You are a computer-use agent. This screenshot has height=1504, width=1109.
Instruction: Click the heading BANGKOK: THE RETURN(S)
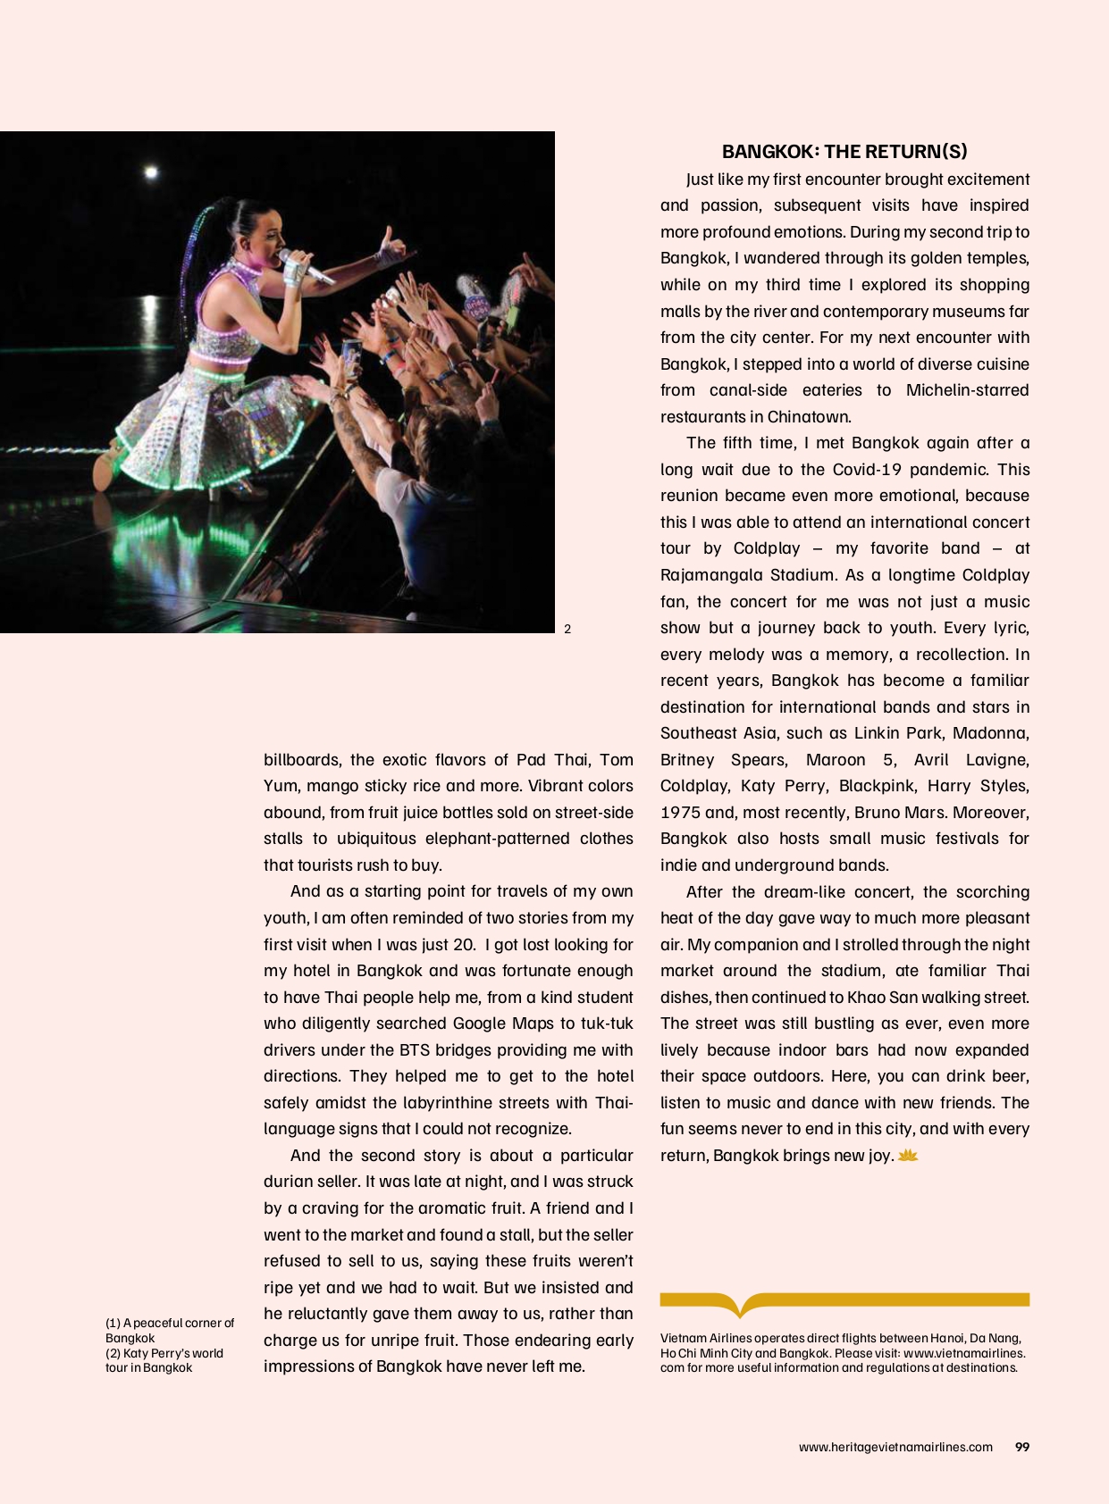pyautogui.click(x=844, y=152)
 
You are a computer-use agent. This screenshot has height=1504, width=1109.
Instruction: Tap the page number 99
pyautogui.click(x=1022, y=1447)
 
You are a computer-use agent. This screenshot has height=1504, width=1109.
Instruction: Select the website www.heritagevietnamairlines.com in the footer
pyautogui.click(x=895, y=1447)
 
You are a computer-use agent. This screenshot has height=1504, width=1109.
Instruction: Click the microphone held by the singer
pyautogui.click(x=304, y=267)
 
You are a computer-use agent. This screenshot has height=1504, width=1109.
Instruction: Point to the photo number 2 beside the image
pyautogui.click(x=567, y=629)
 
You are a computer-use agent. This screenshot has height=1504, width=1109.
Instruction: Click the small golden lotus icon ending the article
pyautogui.click(x=908, y=1156)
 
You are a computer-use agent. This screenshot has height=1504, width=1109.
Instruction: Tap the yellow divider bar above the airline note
pyautogui.click(x=844, y=1300)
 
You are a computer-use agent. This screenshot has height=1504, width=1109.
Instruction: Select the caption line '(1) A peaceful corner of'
pyautogui.click(x=170, y=1323)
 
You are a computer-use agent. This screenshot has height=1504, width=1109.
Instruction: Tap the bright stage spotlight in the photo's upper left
pyautogui.click(x=150, y=171)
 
